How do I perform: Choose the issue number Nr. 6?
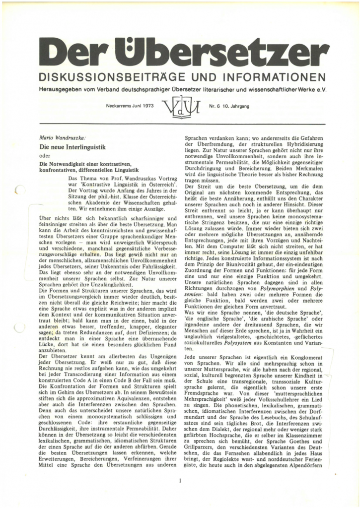pos(216,106)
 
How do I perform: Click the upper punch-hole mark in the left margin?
pos(20,188)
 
